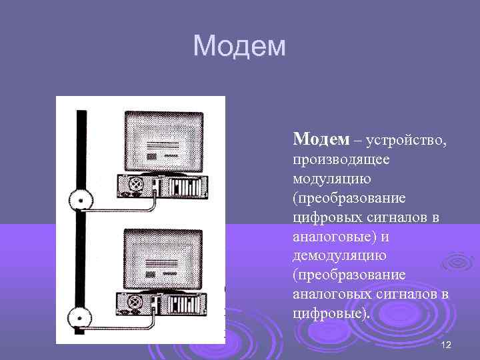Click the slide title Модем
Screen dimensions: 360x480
coord(239,46)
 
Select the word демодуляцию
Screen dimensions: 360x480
coord(334,256)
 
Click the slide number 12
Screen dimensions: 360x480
coord(446,344)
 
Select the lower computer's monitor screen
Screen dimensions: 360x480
coord(164,257)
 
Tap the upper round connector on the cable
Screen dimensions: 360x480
coord(81,199)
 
